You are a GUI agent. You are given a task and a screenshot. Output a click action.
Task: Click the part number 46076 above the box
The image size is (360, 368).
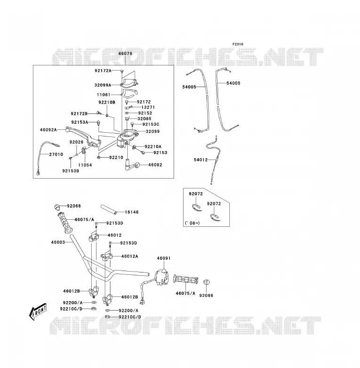125,53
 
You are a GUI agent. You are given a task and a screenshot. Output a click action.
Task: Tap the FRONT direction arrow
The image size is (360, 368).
38,312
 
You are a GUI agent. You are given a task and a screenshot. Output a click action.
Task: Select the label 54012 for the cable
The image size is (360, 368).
201,160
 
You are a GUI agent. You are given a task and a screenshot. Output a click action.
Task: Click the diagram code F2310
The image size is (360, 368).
238,44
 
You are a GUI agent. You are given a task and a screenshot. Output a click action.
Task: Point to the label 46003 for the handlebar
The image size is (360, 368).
58,242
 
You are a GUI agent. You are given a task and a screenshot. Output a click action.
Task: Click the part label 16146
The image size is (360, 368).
132,212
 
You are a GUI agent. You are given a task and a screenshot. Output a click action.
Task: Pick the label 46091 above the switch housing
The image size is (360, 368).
164,258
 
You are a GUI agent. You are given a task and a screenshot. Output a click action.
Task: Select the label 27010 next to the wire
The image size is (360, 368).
56,154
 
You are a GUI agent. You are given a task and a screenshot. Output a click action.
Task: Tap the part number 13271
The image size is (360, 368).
148,107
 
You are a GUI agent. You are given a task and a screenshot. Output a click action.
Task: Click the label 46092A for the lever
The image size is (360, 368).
48,129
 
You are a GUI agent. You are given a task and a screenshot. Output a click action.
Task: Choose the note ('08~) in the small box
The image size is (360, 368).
192,223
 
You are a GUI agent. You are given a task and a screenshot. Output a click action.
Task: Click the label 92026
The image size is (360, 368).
77,142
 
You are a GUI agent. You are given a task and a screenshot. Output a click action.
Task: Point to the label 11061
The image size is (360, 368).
103,95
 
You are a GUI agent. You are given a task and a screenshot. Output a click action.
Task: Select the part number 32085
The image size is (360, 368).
144,119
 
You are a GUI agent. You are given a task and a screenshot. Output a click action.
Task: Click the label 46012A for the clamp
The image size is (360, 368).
130,256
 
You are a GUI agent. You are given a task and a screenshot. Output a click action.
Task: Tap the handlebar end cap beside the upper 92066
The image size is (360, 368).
56,207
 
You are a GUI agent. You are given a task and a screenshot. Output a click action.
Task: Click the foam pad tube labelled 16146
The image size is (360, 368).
109,209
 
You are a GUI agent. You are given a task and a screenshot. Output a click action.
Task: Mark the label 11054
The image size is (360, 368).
85,165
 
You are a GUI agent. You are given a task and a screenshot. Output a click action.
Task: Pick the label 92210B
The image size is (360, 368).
107,102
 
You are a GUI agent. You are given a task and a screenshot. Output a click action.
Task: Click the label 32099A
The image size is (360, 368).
103,85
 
